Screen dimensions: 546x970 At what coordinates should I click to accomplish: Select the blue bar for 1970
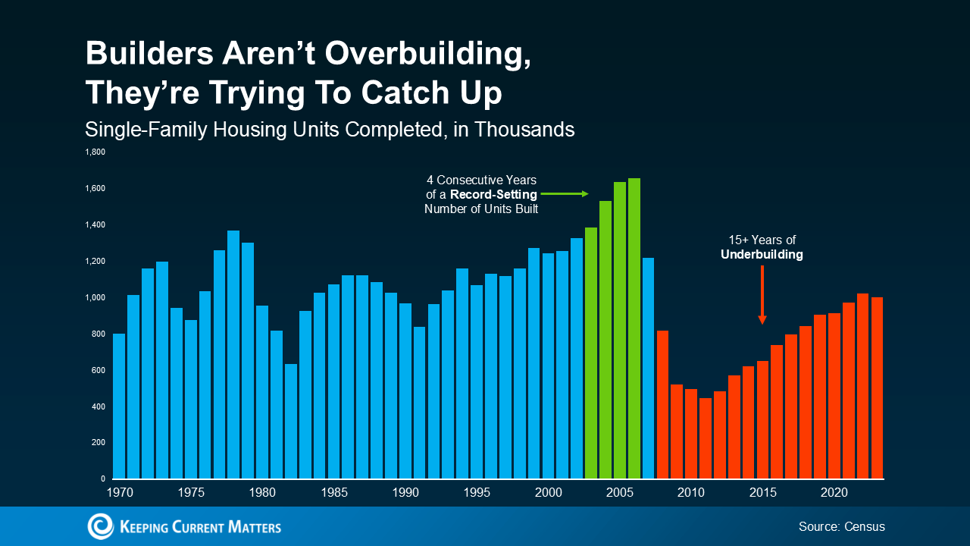[118, 406]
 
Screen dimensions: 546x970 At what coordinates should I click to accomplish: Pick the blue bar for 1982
[291, 421]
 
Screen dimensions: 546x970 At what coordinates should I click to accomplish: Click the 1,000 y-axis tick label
[95, 298]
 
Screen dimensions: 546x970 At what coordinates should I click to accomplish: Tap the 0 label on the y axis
[102, 479]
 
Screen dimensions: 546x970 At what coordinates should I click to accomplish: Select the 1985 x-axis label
[334, 493]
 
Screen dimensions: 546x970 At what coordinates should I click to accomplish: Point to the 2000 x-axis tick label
[548, 493]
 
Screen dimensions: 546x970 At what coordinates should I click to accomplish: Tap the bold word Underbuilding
[762, 256]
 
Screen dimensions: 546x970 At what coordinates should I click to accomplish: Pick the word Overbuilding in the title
[415, 55]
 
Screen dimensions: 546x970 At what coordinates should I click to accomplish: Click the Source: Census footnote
[841, 526]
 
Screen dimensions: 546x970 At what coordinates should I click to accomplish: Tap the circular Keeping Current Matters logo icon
[100, 526]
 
